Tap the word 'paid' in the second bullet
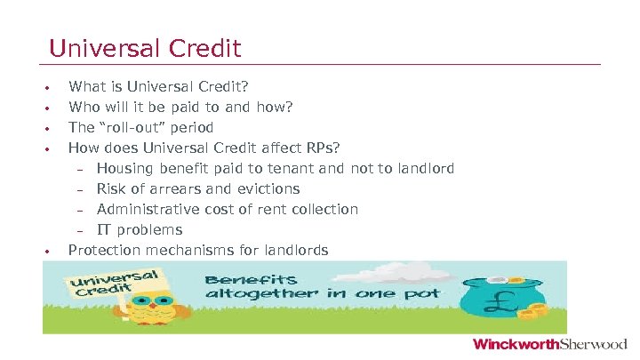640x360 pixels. click(x=212, y=108)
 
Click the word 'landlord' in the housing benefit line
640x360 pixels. click(x=426, y=169)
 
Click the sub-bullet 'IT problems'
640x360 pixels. click(x=140, y=230)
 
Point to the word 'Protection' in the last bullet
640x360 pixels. click(x=105, y=251)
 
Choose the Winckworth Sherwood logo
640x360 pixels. click(x=549, y=345)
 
